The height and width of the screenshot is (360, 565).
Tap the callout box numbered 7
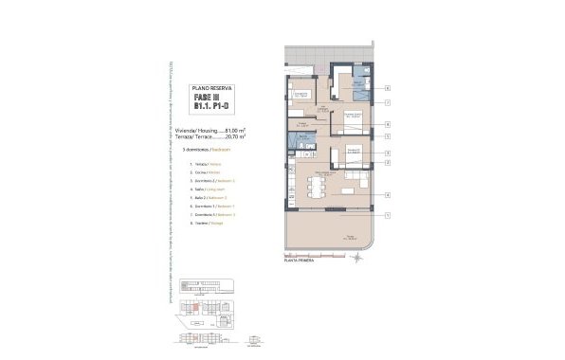click(388, 100)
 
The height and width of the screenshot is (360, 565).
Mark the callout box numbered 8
click(388, 124)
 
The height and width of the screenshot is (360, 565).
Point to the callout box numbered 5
click(388, 135)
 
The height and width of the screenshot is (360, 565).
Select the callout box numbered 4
click(388, 195)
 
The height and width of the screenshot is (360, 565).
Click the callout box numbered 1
click(388, 215)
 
